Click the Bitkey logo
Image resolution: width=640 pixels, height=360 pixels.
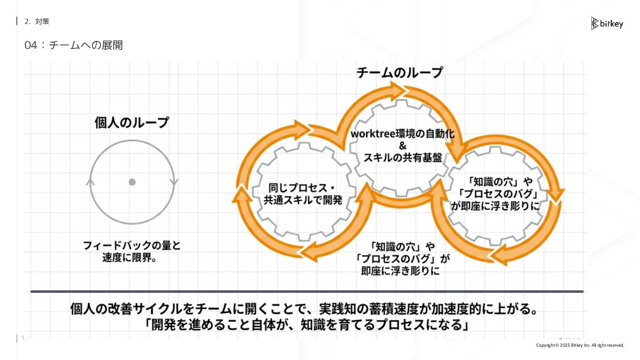click(607, 24)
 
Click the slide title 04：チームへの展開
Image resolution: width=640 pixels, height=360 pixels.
click(74, 45)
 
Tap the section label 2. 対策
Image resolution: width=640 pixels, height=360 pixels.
click(37, 21)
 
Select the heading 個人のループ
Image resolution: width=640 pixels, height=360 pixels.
click(132, 122)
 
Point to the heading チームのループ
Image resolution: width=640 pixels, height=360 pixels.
click(400, 72)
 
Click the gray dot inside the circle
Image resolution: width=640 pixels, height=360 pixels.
click(132, 182)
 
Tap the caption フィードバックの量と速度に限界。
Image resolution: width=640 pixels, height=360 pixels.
click(132, 252)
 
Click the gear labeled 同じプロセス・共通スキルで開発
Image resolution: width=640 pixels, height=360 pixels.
click(303, 194)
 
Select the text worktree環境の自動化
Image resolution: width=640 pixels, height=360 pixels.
click(403, 134)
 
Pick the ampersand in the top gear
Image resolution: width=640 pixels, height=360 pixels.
click(403, 146)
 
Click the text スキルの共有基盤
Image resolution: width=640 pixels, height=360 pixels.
click(403, 158)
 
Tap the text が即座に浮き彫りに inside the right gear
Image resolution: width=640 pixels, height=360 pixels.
click(496, 206)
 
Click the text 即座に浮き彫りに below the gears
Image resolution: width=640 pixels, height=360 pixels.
click(400, 271)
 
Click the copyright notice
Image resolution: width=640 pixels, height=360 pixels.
click(580, 345)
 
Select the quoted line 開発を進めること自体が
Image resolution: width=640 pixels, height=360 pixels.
click(307, 325)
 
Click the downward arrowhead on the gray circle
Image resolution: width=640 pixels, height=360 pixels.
click(174, 182)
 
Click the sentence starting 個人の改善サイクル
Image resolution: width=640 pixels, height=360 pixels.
click(304, 308)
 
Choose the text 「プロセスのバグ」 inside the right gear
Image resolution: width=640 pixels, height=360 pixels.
click(499, 194)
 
